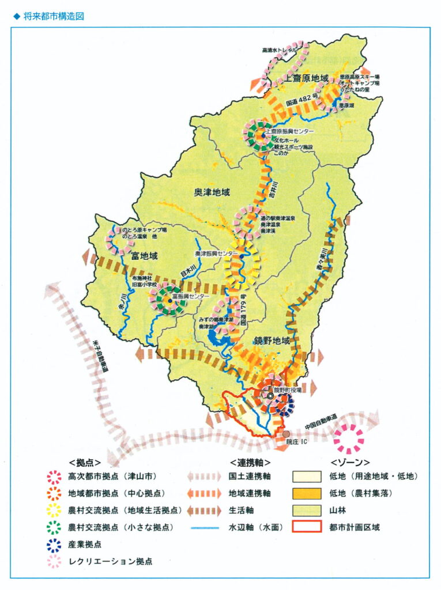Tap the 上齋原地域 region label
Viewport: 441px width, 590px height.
tap(308, 78)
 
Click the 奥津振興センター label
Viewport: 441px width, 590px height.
tap(216, 254)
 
